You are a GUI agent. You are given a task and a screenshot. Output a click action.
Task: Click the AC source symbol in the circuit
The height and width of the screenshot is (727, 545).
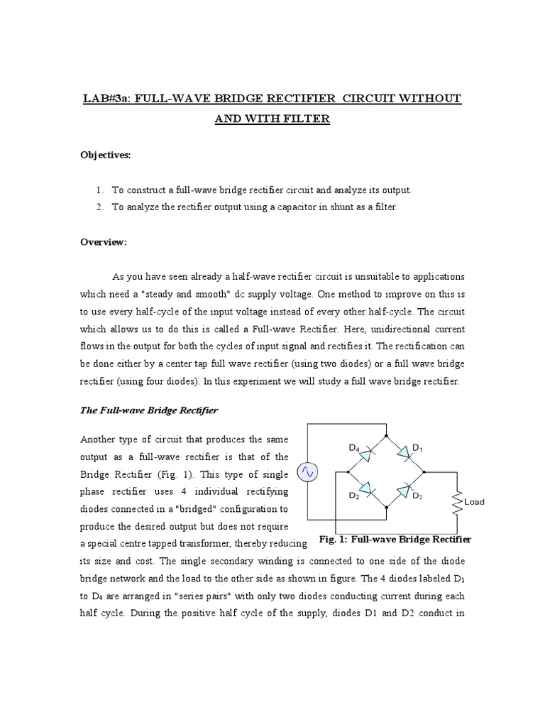click(307, 471)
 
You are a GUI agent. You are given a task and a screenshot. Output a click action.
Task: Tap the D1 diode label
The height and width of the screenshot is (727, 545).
click(418, 448)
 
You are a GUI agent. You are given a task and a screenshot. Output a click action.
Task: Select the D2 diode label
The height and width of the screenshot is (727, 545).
click(353, 496)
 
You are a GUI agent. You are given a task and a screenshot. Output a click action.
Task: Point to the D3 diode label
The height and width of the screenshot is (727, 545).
click(417, 497)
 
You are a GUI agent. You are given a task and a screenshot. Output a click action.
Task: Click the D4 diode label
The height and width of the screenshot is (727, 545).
click(353, 448)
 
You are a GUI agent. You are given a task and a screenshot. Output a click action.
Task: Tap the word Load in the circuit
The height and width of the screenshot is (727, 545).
click(474, 502)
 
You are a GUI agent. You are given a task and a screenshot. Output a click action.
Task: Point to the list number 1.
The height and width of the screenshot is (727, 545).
click(99, 190)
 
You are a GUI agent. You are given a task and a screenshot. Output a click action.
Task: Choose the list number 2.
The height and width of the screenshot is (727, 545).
click(99, 207)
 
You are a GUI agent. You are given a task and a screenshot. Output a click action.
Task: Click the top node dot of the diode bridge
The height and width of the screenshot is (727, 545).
click(385, 435)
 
